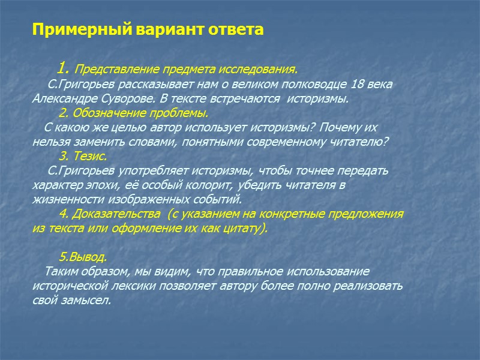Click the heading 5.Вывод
83,257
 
